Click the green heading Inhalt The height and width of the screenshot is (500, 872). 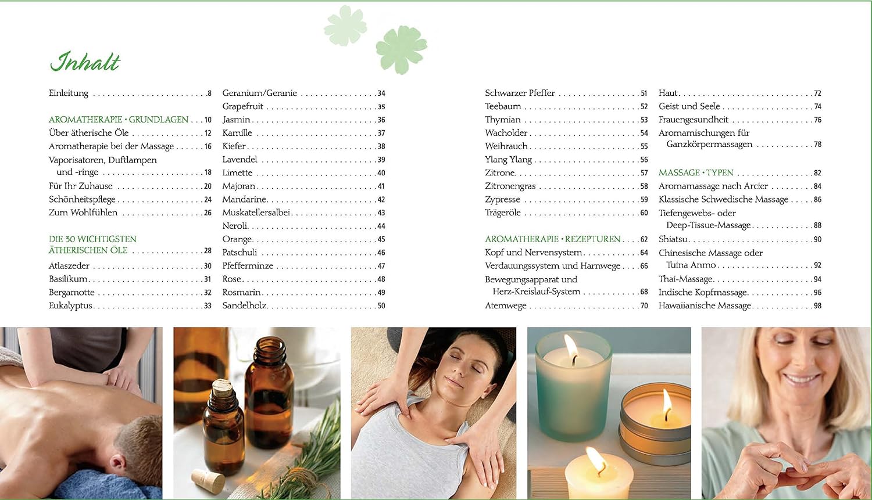85,62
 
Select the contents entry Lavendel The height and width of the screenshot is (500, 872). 240,160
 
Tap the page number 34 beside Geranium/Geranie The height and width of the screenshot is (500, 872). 381,93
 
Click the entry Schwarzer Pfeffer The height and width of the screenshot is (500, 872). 520,93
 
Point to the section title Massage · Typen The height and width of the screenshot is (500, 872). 696,172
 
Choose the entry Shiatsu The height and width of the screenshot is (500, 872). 673,239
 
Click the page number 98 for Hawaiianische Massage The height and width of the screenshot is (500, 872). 817,306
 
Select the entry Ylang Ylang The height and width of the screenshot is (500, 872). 508,160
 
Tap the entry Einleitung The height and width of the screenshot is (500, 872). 69,93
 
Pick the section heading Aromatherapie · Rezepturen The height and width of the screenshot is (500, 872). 552,239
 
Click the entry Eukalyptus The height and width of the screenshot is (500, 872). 70,306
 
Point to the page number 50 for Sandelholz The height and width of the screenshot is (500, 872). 381,306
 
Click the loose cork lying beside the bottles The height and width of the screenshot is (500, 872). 208,481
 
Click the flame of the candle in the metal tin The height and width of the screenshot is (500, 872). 667,404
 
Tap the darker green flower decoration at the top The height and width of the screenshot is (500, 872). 401,49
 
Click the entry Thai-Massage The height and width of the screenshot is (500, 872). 685,279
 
